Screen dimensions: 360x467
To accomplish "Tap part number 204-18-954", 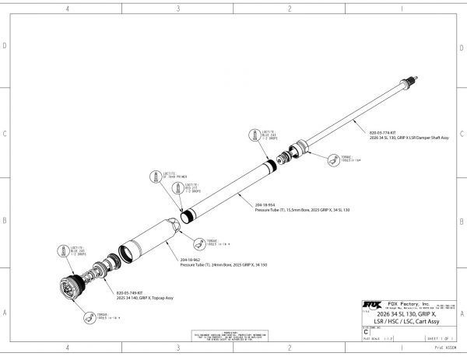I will pos(264,204).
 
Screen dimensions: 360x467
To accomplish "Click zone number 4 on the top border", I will pos(68,9).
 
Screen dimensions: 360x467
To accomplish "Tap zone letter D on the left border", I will pos(5,46).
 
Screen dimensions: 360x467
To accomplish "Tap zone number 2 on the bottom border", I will pos(289,348).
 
